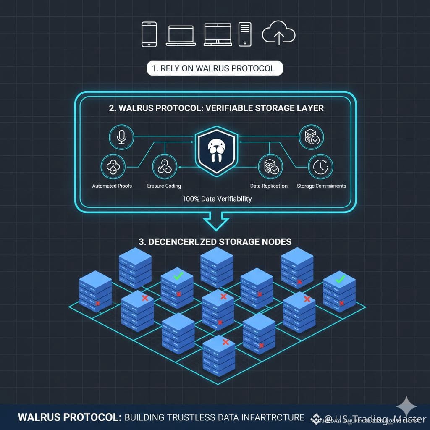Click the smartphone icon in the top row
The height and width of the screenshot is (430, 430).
(149, 34)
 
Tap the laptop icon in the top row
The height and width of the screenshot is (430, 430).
(180, 35)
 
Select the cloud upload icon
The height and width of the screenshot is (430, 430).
(278, 34)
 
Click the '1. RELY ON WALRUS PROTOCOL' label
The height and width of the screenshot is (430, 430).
(215, 68)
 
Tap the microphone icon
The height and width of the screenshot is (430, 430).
(121, 137)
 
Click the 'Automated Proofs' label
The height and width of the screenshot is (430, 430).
(112, 186)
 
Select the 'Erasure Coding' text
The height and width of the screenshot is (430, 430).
(164, 186)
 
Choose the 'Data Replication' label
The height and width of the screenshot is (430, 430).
(269, 186)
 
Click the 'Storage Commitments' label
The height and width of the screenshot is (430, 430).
(321, 186)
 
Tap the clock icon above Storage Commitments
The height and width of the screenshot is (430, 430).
(320, 167)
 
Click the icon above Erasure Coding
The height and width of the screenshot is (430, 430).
(164, 167)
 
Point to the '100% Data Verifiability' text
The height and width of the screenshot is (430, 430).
(217, 199)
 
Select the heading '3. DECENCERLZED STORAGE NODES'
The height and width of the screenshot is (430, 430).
(215, 242)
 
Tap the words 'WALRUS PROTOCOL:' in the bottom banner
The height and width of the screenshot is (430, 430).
(70, 417)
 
